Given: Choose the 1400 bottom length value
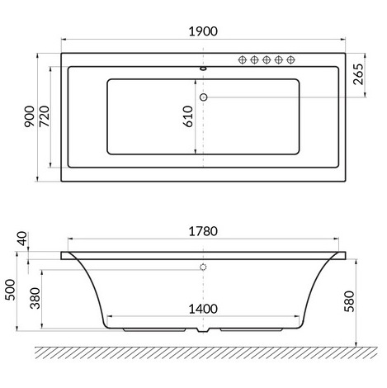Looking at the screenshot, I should [x=202, y=309].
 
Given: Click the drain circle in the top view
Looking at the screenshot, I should [x=204, y=97].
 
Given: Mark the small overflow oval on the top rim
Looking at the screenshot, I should [x=203, y=69].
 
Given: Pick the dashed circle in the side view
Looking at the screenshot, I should [x=203, y=268].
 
